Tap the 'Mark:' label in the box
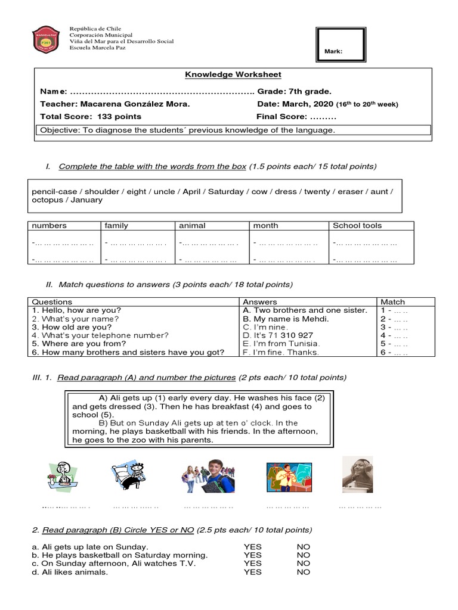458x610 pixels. click(333, 52)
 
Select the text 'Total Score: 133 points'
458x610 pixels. click(91, 116)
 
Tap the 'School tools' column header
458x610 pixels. click(357, 226)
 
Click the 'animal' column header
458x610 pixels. click(192, 226)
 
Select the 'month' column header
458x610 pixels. click(265, 226)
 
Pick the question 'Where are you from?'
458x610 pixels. click(79, 344)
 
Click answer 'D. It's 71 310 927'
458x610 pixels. click(277, 335)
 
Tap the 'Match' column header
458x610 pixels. click(392, 302)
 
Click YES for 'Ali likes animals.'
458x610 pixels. click(252, 572)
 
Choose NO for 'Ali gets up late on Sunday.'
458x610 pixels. click(303, 547)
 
